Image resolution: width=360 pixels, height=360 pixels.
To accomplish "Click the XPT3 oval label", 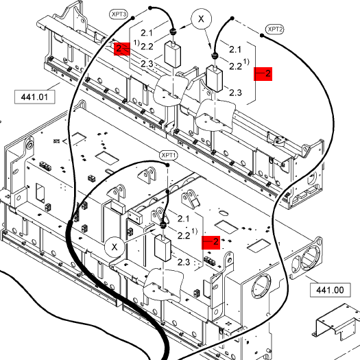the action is pos(118,14).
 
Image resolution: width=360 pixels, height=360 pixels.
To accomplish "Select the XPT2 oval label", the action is pos(274,29).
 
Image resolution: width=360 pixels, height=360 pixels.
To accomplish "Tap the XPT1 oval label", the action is pos(169,155).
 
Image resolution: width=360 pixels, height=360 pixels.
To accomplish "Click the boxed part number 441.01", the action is pos(35,97).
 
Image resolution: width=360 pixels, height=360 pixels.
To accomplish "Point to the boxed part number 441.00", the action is pos(330,290).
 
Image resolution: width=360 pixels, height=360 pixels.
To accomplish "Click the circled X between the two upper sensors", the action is pos(201,19).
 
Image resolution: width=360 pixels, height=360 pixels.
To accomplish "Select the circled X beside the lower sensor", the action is pos(115,247).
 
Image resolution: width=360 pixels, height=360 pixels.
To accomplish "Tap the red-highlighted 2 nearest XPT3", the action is pos(122,49).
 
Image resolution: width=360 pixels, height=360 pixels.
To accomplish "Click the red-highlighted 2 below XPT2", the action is pos(263,74).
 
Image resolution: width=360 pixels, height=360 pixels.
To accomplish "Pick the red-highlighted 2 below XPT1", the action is pos(211,243).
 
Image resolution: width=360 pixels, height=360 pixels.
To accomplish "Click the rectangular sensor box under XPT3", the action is pos(172,55).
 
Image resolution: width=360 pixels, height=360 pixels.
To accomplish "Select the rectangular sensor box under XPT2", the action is pos(215,79).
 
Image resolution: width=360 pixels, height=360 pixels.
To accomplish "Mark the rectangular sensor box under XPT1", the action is pos(163,248).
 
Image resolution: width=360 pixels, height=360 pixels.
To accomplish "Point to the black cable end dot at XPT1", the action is pos(167,165).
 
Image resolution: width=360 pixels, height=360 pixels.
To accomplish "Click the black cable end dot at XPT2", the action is pos(262,35).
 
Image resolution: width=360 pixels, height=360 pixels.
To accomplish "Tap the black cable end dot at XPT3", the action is pos(133,18).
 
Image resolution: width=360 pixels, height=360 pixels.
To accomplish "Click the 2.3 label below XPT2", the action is pos(235,93).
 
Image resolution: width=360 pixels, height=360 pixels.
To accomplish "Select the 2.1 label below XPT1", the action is pos(183,219).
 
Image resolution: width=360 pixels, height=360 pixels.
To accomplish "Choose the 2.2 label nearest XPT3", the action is pos(147,47).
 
